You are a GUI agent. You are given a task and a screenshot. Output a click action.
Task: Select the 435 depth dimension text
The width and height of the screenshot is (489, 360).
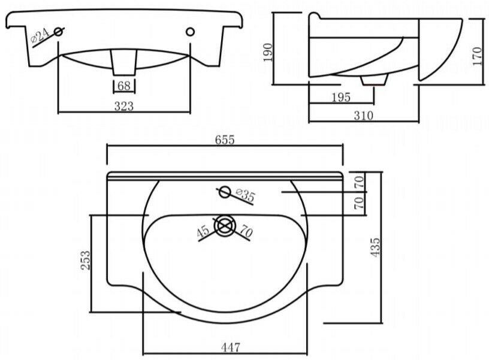376,247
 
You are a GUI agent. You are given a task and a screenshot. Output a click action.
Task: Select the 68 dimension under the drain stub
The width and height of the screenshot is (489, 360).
124,86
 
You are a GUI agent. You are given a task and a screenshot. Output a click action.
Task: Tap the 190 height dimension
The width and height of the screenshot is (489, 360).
268,52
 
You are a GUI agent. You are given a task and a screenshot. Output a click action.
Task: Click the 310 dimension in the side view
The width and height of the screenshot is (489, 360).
363,116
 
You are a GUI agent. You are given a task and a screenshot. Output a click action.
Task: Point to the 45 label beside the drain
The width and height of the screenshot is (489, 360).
204,230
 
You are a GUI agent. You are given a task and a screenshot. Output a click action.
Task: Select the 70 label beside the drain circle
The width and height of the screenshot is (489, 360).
246,229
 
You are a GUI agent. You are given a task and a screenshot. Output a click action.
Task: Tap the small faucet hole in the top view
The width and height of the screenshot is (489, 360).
224,192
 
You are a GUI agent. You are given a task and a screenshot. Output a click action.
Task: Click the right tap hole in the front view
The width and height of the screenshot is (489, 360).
190,31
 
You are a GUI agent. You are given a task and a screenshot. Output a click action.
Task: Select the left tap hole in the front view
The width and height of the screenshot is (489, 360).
59,31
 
